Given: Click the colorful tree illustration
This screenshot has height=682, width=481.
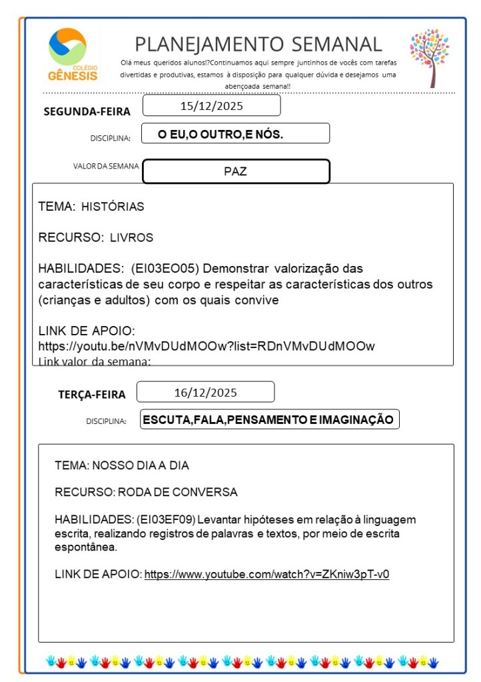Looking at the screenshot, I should tap(430, 57).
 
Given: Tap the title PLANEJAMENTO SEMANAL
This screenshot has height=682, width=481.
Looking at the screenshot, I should tap(258, 44).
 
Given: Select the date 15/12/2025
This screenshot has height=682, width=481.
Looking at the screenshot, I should tap(212, 106).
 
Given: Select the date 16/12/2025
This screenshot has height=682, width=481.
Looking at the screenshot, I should tap(205, 392).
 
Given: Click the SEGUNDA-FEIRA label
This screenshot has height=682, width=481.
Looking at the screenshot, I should tap(87, 111).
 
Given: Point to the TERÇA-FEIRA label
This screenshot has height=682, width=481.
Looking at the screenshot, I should tap(91, 395).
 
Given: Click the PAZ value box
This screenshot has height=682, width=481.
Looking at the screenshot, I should tap(236, 171).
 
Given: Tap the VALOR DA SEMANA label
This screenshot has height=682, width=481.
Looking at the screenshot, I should tap(106, 166).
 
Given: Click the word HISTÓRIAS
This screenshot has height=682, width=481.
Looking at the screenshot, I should tap(113, 207).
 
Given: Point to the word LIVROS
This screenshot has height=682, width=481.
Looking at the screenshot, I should tap(131, 237).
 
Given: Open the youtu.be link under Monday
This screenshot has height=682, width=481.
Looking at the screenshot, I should tap(207, 346).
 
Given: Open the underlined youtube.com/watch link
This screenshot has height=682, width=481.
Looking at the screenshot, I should tap(266, 574).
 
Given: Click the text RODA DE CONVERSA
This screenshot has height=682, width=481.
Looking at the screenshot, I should tap(177, 493).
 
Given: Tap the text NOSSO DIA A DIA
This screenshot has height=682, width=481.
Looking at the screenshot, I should tap(145, 465).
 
